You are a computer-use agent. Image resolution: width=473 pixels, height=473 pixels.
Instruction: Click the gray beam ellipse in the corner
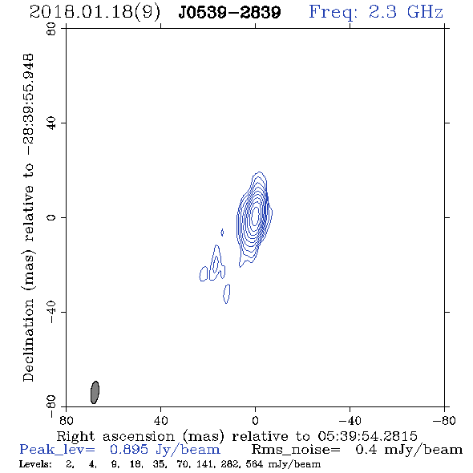[95, 392]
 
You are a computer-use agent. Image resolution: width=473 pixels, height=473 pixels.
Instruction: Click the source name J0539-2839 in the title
[229, 12]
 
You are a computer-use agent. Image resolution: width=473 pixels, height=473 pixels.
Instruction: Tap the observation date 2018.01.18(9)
[95, 12]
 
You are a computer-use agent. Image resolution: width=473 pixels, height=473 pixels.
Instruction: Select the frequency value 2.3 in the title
[382, 12]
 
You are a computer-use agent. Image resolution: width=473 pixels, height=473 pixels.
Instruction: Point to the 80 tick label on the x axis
[66, 421]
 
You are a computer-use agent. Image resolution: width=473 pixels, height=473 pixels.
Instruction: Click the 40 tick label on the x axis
[160, 421]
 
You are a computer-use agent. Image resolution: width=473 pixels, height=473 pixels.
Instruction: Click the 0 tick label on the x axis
[255, 421]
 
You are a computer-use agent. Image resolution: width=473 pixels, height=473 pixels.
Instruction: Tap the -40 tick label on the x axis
[350, 421]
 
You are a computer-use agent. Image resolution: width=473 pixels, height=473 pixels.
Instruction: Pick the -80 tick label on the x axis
[444, 421]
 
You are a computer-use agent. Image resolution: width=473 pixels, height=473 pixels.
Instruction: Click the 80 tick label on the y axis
[51, 29]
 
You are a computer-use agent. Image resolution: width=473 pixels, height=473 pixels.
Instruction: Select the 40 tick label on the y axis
[51, 123]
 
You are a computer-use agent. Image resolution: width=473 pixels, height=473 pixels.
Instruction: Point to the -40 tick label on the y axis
[51, 312]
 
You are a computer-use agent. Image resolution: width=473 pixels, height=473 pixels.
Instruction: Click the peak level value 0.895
[129, 450]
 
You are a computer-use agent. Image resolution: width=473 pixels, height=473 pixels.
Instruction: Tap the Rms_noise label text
[296, 450]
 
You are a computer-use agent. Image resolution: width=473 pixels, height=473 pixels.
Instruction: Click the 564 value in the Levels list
[254, 464]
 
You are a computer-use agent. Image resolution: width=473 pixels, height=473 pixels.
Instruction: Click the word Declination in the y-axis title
[28, 340]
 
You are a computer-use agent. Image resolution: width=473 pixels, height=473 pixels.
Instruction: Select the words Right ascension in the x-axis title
[115, 436]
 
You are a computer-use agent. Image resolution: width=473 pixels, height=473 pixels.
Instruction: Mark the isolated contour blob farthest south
[227, 293]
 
